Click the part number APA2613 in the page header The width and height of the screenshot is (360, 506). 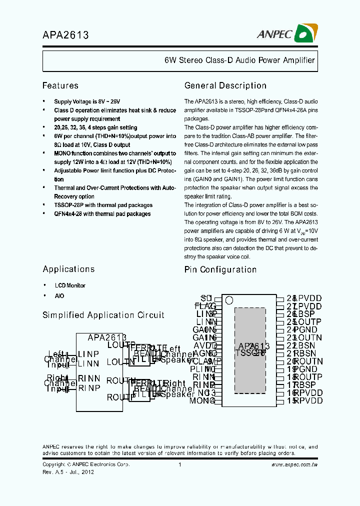tap(65, 35)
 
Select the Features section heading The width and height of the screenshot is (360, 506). tap(60, 85)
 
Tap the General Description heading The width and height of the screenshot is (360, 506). tap(225, 85)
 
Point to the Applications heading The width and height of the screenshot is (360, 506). tap(68, 269)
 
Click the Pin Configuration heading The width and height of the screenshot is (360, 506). tap(220, 269)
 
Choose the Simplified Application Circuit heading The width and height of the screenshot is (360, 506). tap(103, 315)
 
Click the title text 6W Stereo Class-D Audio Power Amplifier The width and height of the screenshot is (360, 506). tap(239, 60)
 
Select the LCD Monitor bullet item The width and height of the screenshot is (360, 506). tap(70, 285)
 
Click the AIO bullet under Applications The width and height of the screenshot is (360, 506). tap(59, 295)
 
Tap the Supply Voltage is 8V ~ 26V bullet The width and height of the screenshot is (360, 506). tap(87, 101)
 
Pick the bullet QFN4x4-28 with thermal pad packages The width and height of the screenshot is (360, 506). tap(102, 213)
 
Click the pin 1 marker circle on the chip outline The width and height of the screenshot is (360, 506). tap(229, 300)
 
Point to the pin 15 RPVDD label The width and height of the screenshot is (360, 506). tap(307, 400)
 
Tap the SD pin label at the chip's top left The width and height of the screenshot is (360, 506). tap(206, 298)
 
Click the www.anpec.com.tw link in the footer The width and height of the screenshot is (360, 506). tap(294, 464)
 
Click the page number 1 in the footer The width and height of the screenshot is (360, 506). tap(179, 464)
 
